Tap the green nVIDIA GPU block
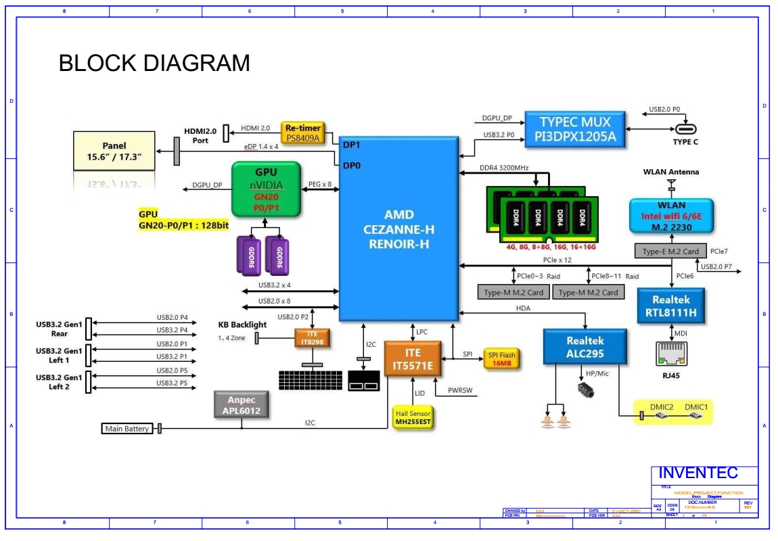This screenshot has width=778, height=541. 266,189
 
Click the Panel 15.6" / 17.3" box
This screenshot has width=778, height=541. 114,151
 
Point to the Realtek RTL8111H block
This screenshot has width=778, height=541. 670,306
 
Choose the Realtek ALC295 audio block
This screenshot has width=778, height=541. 585,347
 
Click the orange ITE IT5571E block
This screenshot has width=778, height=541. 413,359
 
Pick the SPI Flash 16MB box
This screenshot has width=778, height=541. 501,358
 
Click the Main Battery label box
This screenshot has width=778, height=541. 127,429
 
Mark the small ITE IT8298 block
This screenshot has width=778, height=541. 312,338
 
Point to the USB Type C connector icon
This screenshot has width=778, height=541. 685,129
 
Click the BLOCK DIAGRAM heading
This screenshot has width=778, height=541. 154,63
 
